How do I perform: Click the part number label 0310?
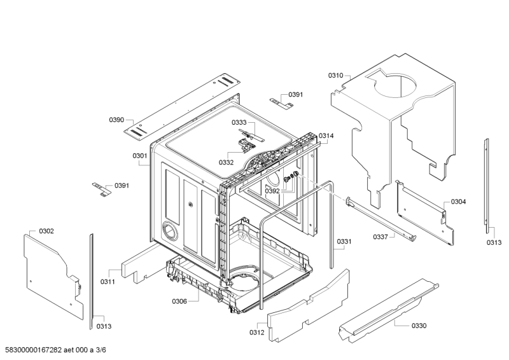pyautogui.click(x=335, y=76)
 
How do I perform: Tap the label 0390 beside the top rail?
pyautogui.click(x=116, y=120)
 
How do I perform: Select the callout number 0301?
pyautogui.click(x=140, y=156)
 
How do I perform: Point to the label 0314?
pyautogui.click(x=326, y=135)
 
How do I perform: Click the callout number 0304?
pyautogui.click(x=458, y=202)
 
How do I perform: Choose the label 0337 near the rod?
pyautogui.click(x=380, y=237)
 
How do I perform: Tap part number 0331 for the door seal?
pyautogui.click(x=344, y=241)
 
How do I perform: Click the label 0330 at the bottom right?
pyautogui.click(x=419, y=326)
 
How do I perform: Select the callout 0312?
pyautogui.click(x=257, y=332)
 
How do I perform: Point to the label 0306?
pyautogui.click(x=179, y=301)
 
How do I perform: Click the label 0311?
pyautogui.click(x=108, y=282)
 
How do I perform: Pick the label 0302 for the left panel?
pyautogui.click(x=46, y=231)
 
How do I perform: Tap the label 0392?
pyautogui.click(x=272, y=191)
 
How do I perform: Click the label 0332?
pyautogui.click(x=227, y=162)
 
